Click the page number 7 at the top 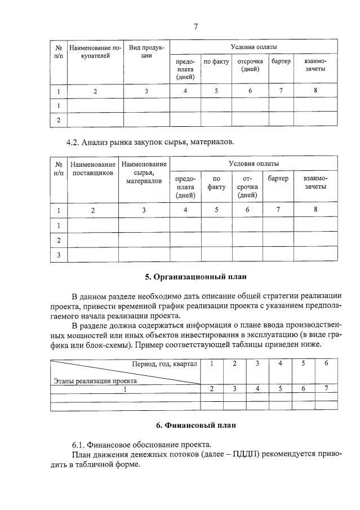pos(195,25)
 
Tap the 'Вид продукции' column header pos(146,52)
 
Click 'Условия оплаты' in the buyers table pos(254,47)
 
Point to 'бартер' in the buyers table pos(281,61)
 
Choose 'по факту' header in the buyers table pos(216,61)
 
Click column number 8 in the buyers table pos(315,91)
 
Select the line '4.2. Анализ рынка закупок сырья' pos(150,141)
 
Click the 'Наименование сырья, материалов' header pos(144,172)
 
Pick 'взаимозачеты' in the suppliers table pos(315,182)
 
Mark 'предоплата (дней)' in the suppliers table pos(185,187)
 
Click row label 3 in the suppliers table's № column pos(59,255)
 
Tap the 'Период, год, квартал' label pos(165,364)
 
